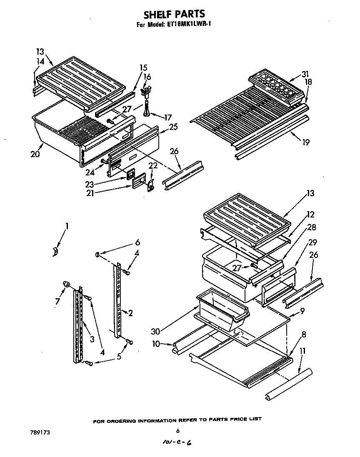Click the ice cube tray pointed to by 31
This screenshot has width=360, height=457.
coord(275,86)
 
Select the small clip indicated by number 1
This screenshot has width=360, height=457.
coord(55,252)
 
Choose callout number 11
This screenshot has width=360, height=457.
coord(303,351)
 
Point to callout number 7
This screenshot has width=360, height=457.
coord(58,300)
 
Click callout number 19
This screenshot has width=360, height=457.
coord(306,142)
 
